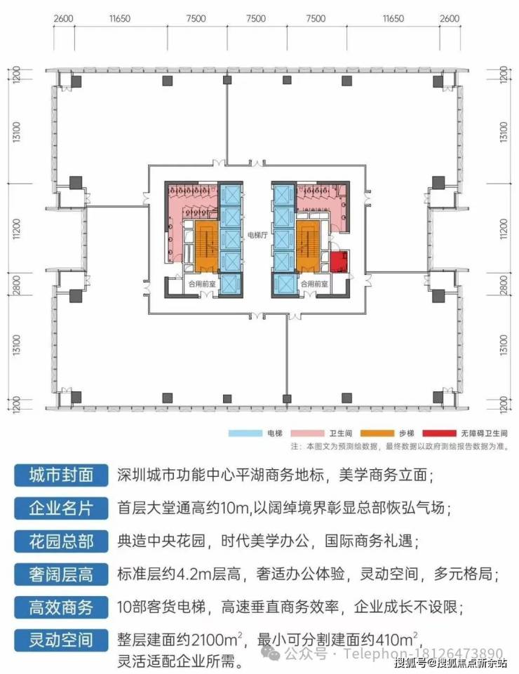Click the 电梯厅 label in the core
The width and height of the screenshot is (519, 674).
[x=257, y=237]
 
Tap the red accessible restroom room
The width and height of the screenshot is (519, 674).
[x=339, y=263]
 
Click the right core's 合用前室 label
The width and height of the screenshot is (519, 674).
[x=315, y=285]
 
